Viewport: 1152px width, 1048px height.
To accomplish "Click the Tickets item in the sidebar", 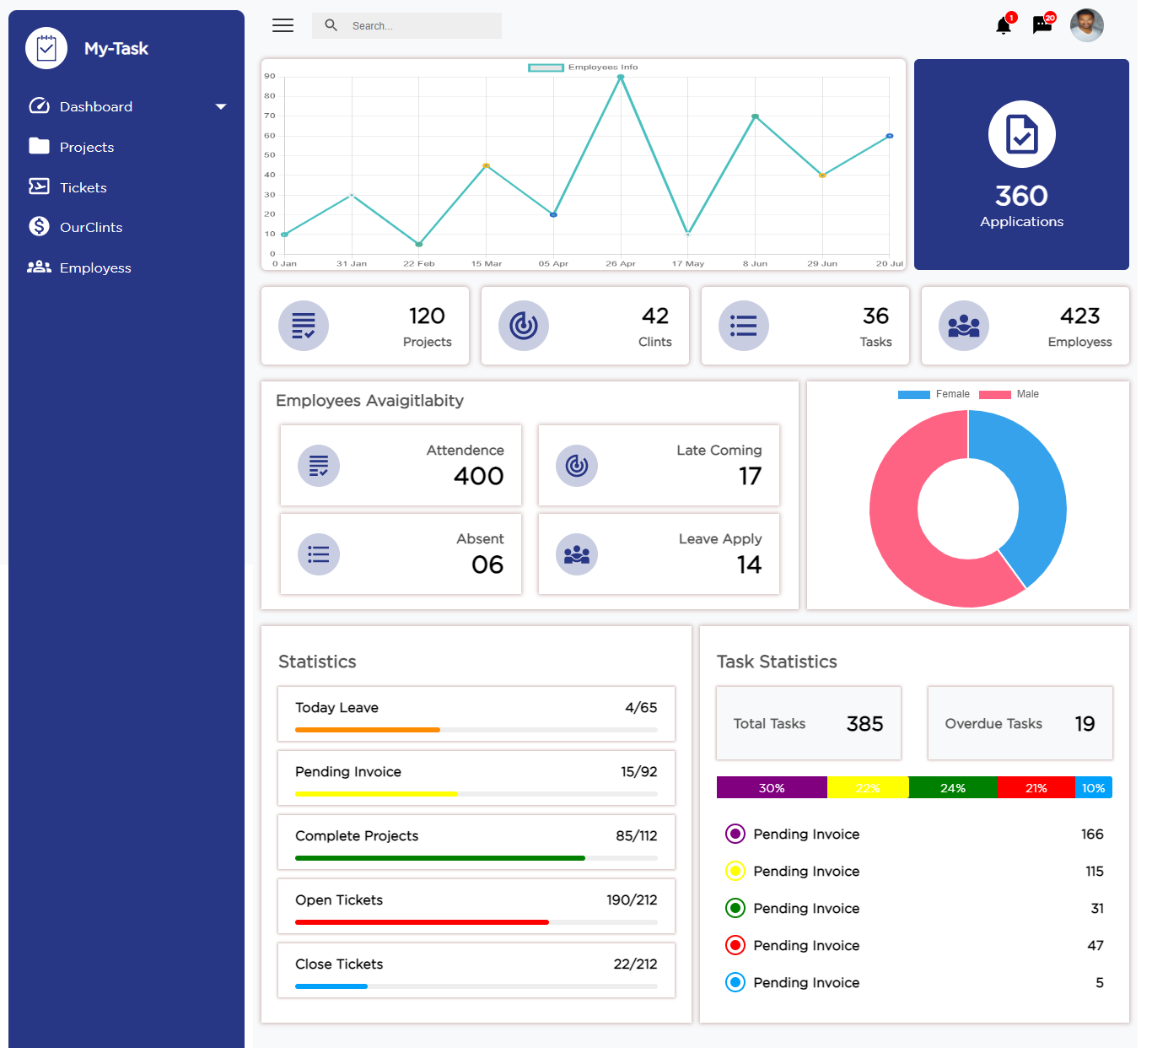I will click(x=83, y=187).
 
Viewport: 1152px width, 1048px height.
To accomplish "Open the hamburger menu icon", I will click(x=283, y=25).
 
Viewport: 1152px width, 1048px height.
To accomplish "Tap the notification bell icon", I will click(x=1004, y=26).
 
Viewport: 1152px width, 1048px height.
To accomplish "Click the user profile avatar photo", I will click(x=1086, y=25).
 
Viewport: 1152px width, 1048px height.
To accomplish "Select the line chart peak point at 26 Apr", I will click(x=621, y=77).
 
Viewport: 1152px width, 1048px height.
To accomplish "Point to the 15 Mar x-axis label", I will click(x=487, y=264).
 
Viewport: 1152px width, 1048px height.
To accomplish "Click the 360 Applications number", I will click(x=1021, y=196).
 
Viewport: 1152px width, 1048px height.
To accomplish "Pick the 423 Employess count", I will click(x=1079, y=316).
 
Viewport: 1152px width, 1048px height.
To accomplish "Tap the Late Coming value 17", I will click(x=750, y=476).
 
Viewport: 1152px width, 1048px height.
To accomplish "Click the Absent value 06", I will click(x=487, y=565).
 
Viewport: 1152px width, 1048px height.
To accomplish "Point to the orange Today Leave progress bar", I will click(x=368, y=730).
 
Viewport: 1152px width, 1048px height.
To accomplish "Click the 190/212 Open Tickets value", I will click(x=632, y=900).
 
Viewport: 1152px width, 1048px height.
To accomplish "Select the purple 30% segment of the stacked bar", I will click(x=772, y=788).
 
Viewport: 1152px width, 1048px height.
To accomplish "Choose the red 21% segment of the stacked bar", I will click(x=1036, y=788).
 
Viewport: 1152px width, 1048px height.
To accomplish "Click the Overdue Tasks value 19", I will click(x=1085, y=724).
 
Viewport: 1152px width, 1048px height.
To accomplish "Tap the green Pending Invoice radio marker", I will click(x=735, y=908).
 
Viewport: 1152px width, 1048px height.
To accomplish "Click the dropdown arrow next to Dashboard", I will click(x=221, y=106).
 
